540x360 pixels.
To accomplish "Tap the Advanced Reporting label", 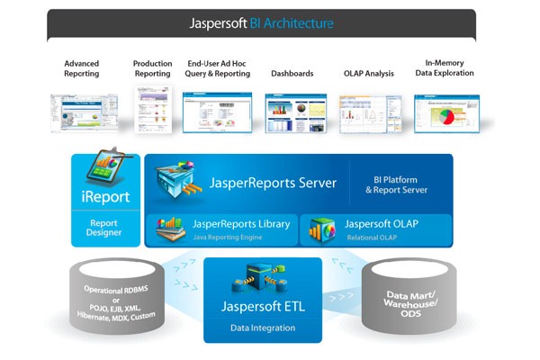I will tap(82, 68).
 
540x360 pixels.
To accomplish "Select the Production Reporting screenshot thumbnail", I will tap(152, 113).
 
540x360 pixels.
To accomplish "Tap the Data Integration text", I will tap(264, 328).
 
